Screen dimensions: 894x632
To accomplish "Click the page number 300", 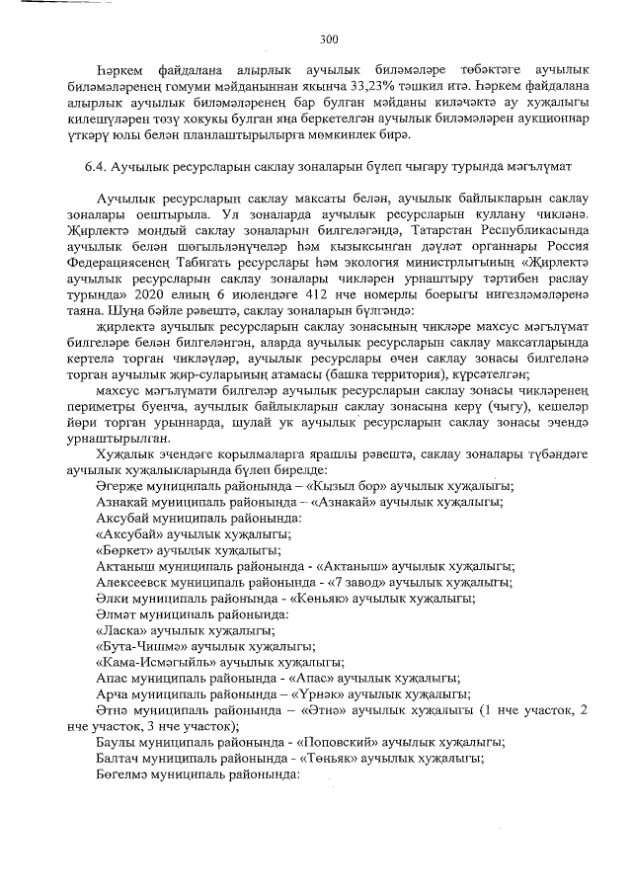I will [x=329, y=40].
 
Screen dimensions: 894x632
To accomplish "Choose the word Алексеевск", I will [x=137, y=582].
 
